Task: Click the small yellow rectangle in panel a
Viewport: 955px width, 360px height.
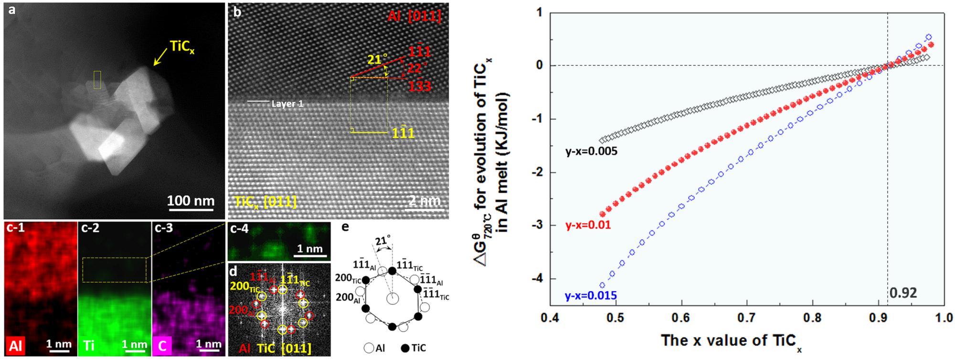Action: point(97,80)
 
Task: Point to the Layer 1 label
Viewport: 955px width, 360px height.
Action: point(287,104)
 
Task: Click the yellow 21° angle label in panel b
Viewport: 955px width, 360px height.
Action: point(377,59)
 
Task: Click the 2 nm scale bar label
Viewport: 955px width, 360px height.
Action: point(424,201)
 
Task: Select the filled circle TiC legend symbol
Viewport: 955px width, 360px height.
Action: point(402,348)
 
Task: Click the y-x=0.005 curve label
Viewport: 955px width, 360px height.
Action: point(591,152)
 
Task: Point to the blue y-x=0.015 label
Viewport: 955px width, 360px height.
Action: point(591,296)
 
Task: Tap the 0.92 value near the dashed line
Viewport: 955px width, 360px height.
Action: point(903,293)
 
